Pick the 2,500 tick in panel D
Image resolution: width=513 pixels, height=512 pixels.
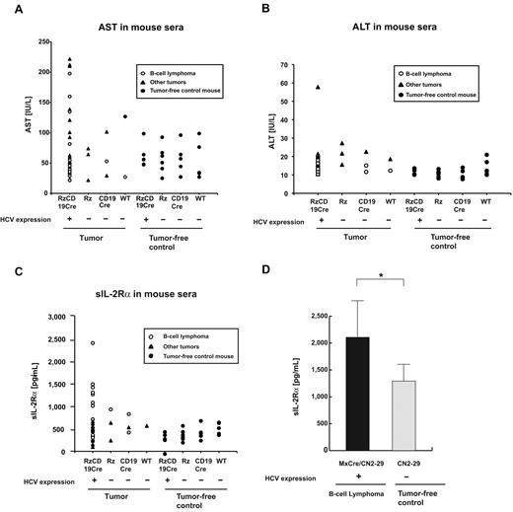click(x=308, y=316)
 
